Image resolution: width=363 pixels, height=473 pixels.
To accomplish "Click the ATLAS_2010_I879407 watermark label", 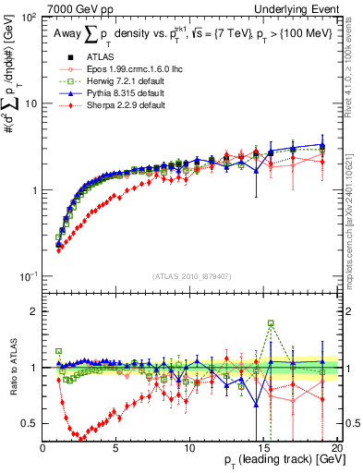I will tap(191, 276).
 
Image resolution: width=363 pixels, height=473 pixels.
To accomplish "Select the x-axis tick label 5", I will tap(116, 448).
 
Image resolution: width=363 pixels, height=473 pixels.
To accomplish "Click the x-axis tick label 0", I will tap(43, 448).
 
